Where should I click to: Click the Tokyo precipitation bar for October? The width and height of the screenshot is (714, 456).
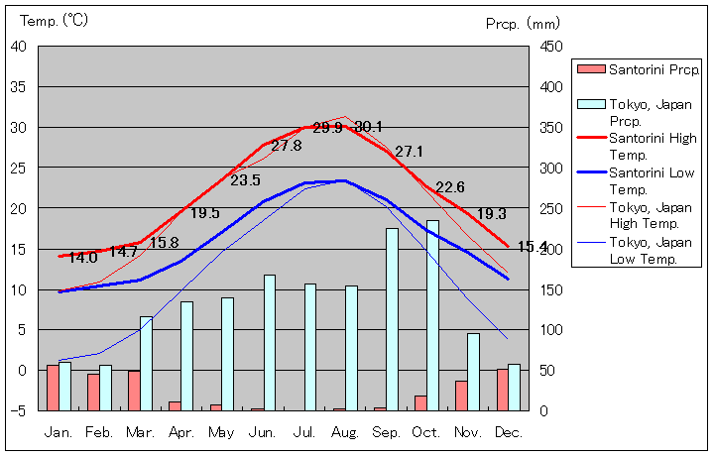[432, 315]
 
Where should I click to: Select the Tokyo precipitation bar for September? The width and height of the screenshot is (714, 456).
[392, 319]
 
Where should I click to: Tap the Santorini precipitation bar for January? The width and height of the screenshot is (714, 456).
[53, 388]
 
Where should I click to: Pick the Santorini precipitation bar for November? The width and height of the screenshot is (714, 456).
[461, 396]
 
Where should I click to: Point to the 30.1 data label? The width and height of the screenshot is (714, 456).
[368, 127]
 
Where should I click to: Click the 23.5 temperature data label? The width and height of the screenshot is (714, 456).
[245, 180]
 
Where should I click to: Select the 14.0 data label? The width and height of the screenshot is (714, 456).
[82, 258]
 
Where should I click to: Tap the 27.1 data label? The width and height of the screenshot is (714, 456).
[409, 152]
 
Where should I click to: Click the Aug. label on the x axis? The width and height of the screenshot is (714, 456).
[345, 432]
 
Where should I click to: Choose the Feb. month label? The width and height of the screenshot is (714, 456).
[99, 432]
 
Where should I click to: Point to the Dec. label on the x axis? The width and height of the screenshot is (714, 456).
[508, 432]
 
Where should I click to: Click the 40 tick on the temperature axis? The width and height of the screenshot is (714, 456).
[19, 46]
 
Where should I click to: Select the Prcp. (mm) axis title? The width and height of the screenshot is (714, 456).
[523, 23]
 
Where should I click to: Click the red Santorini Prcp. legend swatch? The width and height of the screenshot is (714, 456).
[591, 68]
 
